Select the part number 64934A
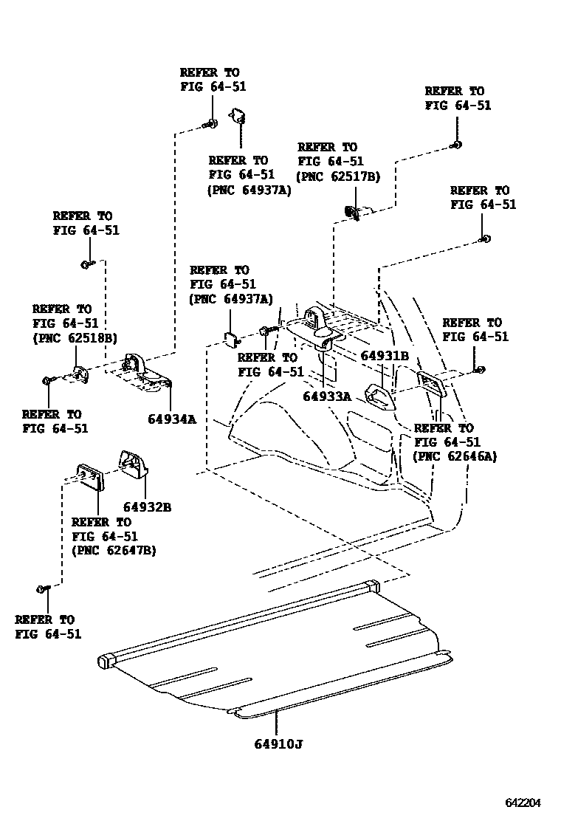click(x=171, y=419)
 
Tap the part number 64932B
click(x=147, y=507)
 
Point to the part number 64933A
click(x=327, y=396)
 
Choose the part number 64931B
click(x=385, y=356)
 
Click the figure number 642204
click(x=523, y=803)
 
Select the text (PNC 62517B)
click(x=338, y=176)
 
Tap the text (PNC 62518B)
click(x=74, y=338)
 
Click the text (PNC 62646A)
click(x=455, y=456)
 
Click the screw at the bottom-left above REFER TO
click(x=43, y=588)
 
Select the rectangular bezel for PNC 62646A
click(x=431, y=384)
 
